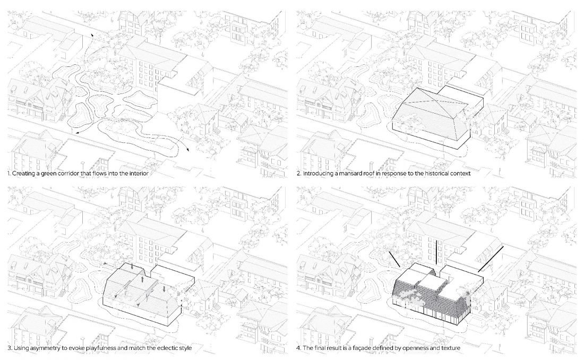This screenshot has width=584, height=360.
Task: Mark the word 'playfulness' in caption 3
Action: [97, 348]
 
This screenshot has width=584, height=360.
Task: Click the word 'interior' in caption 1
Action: [138, 173]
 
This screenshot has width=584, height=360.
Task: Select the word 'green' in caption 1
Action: [46, 174]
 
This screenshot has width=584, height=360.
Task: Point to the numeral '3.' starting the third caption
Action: [10, 348]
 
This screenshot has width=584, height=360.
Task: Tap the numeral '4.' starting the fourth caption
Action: [299, 348]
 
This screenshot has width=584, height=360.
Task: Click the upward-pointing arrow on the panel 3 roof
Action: [142, 280]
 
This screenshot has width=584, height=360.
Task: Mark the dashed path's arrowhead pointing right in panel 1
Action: [187, 149]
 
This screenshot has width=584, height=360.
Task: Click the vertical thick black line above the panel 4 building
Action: [436, 254]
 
